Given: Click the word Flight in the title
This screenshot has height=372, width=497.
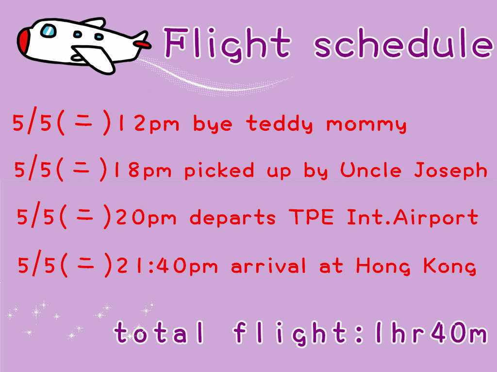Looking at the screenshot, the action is pyautogui.click(x=227, y=44).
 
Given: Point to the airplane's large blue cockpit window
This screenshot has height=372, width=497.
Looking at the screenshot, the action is pyautogui.click(x=48, y=31).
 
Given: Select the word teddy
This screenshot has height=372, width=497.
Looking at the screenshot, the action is pyautogui.click(x=279, y=124).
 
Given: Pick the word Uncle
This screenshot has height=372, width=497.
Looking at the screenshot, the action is pyautogui.click(x=371, y=170).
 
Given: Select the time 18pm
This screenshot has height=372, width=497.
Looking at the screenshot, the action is pyautogui.click(x=143, y=170).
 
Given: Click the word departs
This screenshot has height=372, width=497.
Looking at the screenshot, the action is pyautogui.click(x=232, y=217).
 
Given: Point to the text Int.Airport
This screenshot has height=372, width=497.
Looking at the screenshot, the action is pyautogui.click(x=413, y=217).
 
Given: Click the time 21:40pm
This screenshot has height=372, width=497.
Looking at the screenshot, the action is pyautogui.click(x=167, y=266).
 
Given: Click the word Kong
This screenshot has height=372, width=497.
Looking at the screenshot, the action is pyautogui.click(x=450, y=266).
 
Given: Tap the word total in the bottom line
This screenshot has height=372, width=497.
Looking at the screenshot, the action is pyautogui.click(x=159, y=332).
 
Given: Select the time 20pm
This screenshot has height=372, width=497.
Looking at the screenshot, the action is pyautogui.click(x=146, y=217).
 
